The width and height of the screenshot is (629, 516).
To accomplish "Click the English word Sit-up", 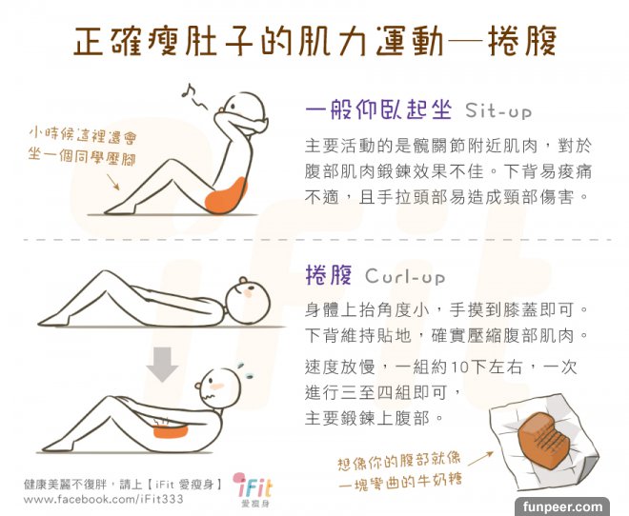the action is tap(498, 110).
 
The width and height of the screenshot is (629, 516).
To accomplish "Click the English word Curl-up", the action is tap(405, 276).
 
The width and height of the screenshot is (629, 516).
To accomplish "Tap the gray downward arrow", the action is tap(162, 365).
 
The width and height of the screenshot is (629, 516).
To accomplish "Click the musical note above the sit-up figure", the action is tap(188, 90).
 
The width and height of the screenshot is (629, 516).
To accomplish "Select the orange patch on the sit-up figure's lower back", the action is tap(226, 195).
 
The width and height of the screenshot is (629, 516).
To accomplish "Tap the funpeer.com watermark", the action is tap(562, 506).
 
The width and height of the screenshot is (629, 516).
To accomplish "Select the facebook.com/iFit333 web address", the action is tap(103, 499).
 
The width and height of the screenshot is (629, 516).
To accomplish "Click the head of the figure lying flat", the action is tap(248, 301).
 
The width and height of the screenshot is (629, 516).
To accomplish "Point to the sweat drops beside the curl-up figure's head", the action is tap(245, 371).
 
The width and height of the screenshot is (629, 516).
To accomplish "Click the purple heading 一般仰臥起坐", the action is tap(378, 109).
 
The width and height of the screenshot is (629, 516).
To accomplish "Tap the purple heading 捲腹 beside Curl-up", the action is tap(329, 275).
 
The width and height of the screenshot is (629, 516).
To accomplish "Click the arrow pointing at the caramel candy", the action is tap(480, 458).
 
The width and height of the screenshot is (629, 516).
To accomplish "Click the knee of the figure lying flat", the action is tap(104, 275).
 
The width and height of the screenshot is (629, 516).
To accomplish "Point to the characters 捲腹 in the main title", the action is tap(522, 41).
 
